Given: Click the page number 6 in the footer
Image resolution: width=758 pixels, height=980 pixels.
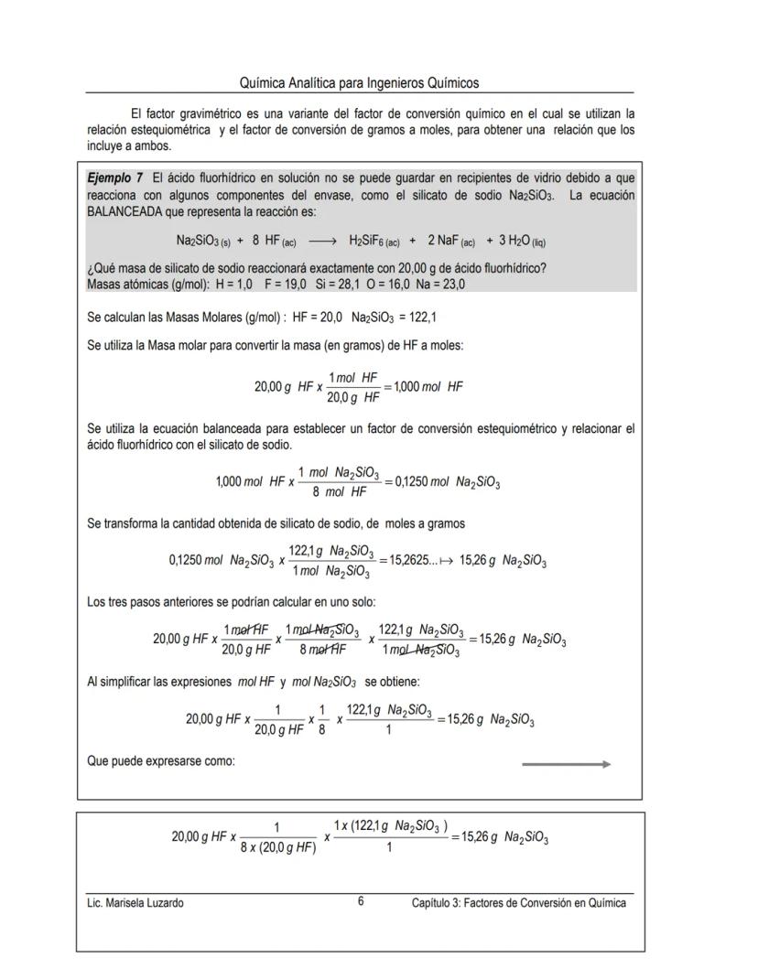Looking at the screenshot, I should [x=361, y=901].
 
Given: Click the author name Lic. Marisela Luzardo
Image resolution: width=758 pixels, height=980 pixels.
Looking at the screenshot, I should [x=135, y=903].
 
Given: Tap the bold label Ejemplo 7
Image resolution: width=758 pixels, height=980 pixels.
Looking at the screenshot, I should [x=114, y=177].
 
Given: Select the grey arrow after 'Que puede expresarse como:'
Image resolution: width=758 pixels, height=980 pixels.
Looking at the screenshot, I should [x=566, y=764].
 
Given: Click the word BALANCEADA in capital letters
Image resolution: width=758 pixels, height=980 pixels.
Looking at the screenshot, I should [x=131, y=211].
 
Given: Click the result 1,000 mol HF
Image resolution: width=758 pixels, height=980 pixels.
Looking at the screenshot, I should [x=429, y=387].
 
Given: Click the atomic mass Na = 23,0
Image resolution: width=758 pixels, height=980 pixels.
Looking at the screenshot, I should [x=440, y=285].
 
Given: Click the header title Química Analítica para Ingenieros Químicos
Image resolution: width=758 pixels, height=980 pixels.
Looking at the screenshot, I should [x=359, y=83].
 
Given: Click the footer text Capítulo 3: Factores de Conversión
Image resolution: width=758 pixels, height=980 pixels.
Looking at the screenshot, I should [x=518, y=903].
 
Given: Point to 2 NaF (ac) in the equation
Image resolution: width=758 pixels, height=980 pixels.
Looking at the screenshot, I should [x=450, y=242].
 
